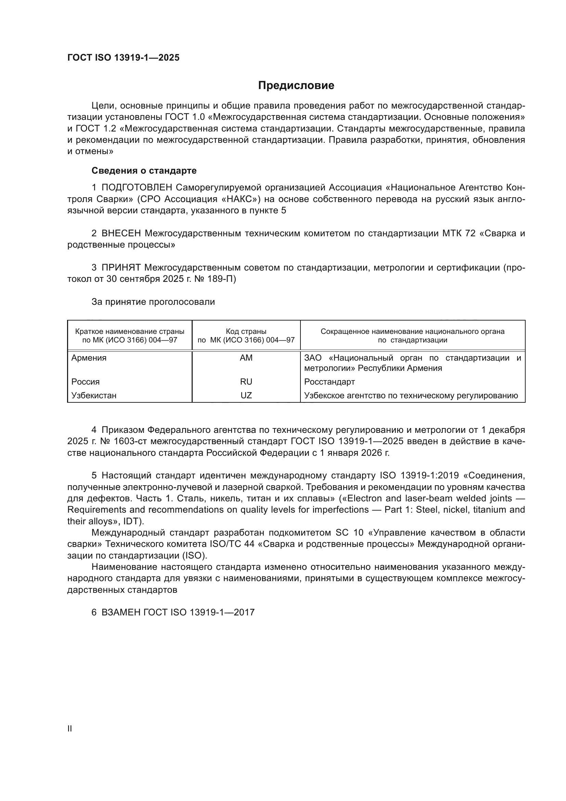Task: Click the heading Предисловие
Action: click(296, 86)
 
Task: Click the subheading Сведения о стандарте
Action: click(144, 171)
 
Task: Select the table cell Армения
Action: click(89, 358)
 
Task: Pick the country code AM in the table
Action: click(246, 358)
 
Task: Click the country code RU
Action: click(246, 381)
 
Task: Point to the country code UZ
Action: click(246, 396)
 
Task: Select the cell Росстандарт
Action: click(329, 381)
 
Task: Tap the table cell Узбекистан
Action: click(94, 396)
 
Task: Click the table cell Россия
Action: click(86, 381)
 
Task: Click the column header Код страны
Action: click(246, 331)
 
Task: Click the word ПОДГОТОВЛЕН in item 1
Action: click(137, 188)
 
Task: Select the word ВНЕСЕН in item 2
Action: click(121, 234)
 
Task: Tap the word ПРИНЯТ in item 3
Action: click(121, 268)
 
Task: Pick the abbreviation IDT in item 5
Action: click(131, 521)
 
